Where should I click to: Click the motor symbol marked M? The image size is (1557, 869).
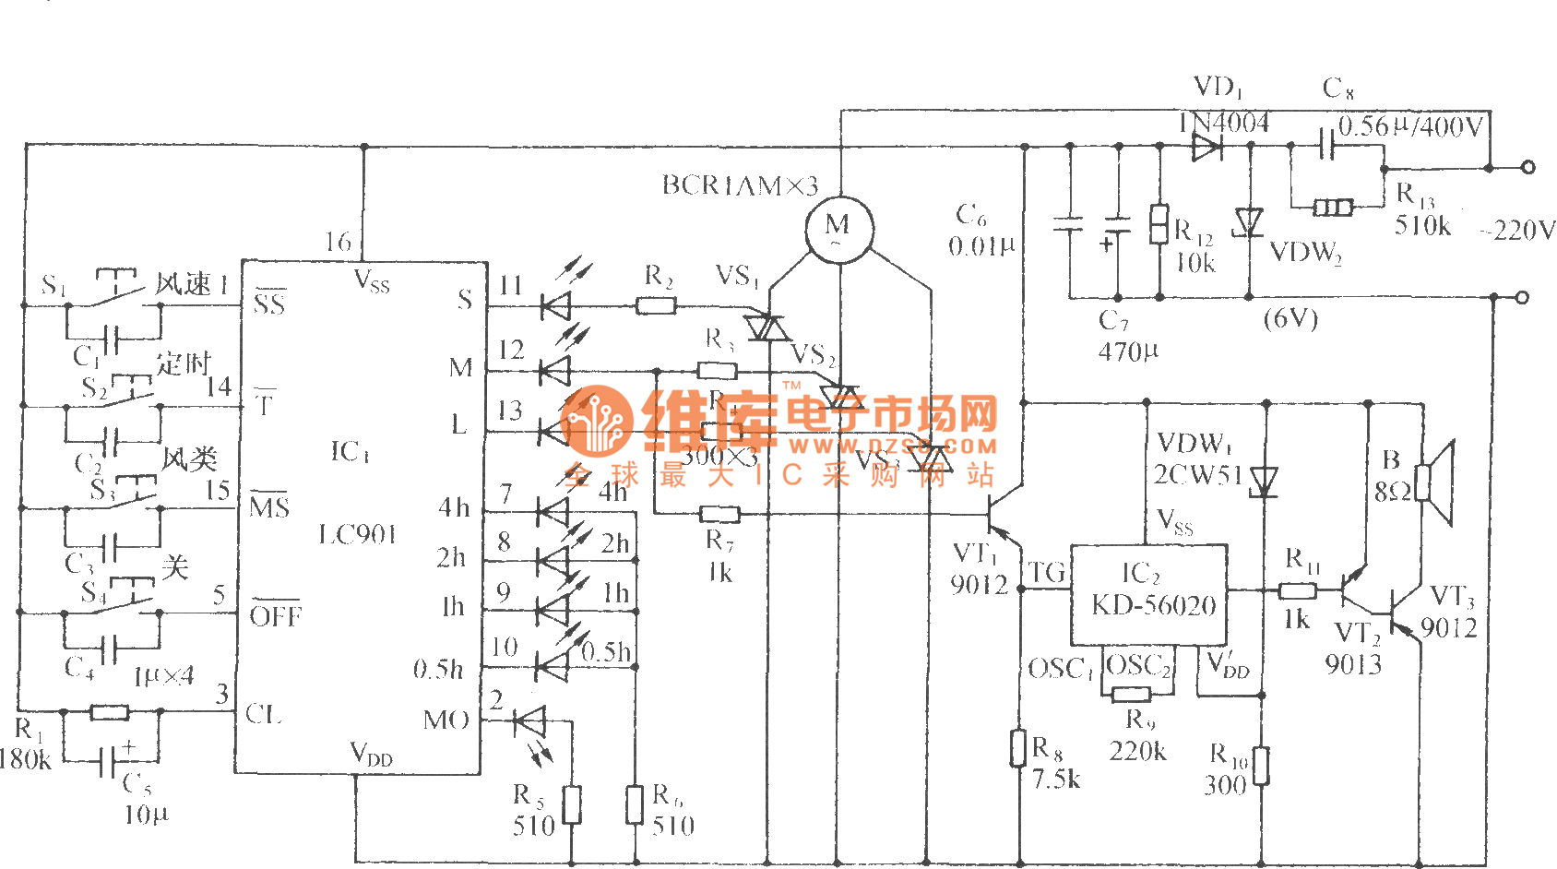pyautogui.click(x=838, y=229)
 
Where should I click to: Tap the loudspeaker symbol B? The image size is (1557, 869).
pyautogui.click(x=1435, y=482)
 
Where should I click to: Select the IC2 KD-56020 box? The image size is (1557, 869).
pyautogui.click(x=1148, y=595)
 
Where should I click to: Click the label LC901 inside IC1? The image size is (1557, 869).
pyautogui.click(x=357, y=535)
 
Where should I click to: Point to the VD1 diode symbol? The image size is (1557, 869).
pyautogui.click(x=1206, y=146)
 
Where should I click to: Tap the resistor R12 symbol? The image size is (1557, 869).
pyautogui.click(x=1159, y=224)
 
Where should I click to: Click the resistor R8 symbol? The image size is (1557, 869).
pyautogui.click(x=1018, y=747)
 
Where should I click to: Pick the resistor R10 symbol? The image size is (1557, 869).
pyautogui.click(x=1261, y=766)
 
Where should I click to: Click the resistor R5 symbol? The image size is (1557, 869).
pyautogui.click(x=572, y=804)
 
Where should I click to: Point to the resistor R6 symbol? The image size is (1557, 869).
pyautogui.click(x=635, y=804)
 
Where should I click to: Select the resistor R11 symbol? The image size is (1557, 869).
pyautogui.click(x=1297, y=590)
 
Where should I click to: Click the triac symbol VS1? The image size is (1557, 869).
pyautogui.click(x=766, y=327)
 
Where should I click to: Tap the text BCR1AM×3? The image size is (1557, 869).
pyautogui.click(x=740, y=186)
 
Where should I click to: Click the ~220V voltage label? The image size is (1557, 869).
pyautogui.click(x=1517, y=231)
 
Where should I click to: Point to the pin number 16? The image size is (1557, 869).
pyautogui.click(x=339, y=243)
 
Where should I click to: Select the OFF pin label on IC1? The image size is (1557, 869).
pyautogui.click(x=275, y=615)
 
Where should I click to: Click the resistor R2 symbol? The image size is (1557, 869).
pyautogui.click(x=657, y=305)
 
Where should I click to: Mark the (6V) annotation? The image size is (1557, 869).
pyautogui.click(x=1290, y=319)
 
